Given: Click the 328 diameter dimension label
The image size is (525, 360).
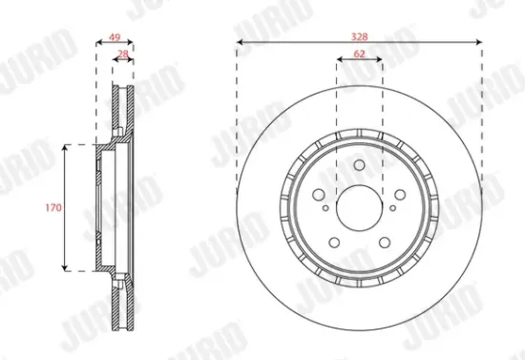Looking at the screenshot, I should [x=358, y=33].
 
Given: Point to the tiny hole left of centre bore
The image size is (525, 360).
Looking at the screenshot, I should [x=327, y=212].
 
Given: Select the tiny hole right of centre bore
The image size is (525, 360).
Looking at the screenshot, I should [x=388, y=212].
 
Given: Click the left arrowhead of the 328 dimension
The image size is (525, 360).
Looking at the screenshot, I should [x=239, y=42].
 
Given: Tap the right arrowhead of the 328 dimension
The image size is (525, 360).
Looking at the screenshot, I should [x=477, y=42].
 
